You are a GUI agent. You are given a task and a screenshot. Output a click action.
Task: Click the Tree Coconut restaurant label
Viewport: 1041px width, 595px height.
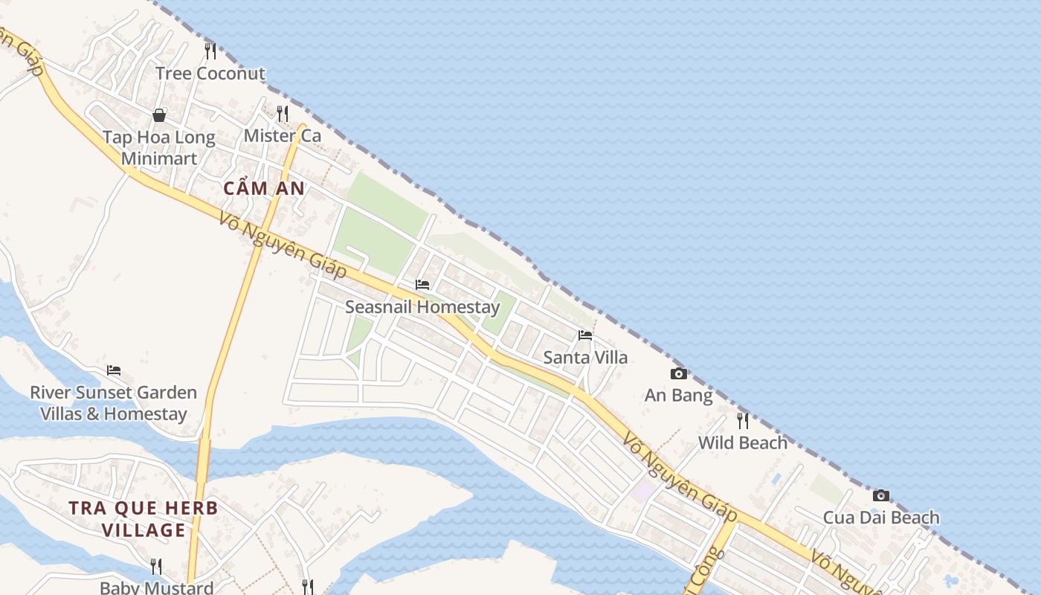[210, 74]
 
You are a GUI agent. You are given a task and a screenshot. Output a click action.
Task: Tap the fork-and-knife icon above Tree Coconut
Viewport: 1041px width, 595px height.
[210, 51]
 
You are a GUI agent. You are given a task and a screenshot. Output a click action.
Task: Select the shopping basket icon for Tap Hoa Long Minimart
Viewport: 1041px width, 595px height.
[159, 115]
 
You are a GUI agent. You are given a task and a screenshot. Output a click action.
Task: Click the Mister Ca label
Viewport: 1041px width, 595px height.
[283, 136]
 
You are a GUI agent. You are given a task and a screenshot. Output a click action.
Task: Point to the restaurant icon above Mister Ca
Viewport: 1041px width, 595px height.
[283, 113]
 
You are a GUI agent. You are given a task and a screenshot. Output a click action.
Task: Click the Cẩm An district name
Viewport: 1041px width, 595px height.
[264, 189]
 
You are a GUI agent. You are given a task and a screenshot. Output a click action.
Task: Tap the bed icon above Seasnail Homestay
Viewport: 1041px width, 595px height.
[422, 285]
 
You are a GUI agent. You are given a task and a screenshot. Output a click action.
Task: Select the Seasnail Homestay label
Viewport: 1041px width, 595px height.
[422, 306]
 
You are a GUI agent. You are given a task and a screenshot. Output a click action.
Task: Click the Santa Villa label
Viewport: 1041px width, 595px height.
[585, 358]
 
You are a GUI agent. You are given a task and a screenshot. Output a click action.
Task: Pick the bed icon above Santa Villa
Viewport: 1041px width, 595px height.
[585, 335]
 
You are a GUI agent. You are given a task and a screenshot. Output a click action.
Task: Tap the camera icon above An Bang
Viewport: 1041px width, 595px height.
[679, 373]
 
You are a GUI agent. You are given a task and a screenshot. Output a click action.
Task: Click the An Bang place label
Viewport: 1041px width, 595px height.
[679, 396]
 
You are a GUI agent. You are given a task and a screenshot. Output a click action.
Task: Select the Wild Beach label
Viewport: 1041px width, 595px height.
[742, 443]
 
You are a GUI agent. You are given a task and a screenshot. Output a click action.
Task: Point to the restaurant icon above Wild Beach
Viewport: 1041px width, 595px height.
[742, 421]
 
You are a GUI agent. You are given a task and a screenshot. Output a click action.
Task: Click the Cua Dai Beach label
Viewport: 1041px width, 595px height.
[881, 518]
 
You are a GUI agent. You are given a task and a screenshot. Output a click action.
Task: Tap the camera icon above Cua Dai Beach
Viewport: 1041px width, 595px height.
[881, 495]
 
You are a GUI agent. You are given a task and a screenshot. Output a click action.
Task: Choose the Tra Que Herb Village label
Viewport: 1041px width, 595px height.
[144, 519]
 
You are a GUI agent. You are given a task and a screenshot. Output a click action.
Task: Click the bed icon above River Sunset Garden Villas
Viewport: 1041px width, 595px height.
[114, 370]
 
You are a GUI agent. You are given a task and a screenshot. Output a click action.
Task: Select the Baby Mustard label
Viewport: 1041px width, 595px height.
[157, 588]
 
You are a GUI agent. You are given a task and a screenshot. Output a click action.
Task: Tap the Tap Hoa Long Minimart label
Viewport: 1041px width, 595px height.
[159, 147]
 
